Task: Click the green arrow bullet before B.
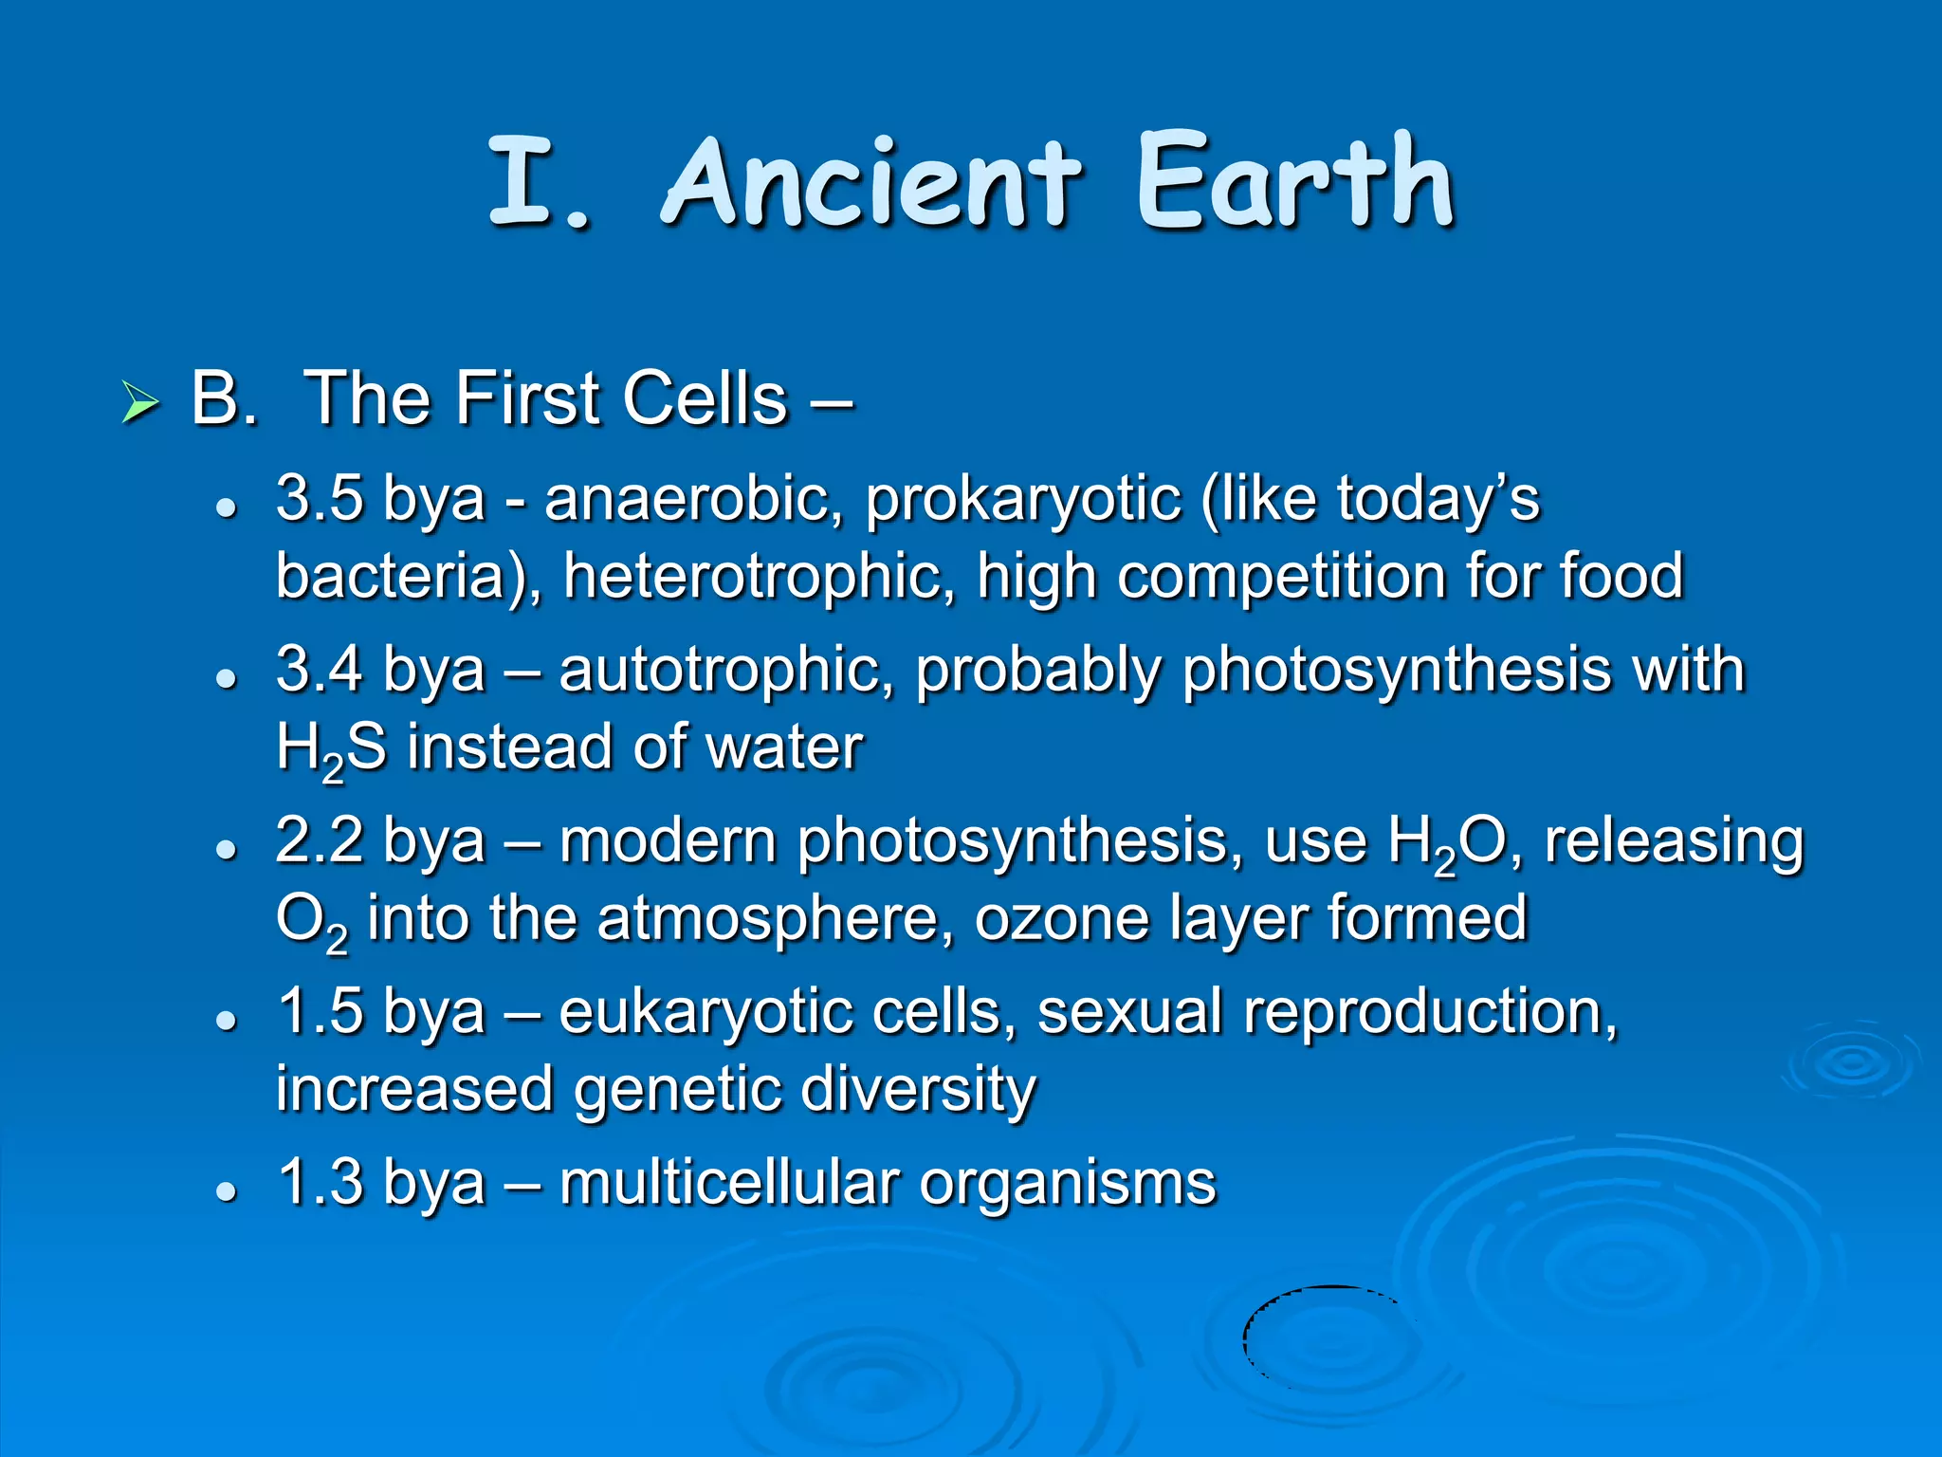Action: click(140, 403)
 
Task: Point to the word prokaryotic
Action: click(1023, 501)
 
